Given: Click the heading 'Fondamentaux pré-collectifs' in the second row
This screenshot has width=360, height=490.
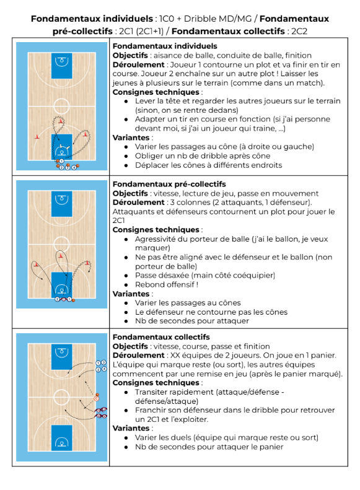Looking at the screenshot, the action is tap(169, 184).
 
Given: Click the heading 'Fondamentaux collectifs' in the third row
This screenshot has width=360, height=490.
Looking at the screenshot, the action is tap(161, 337).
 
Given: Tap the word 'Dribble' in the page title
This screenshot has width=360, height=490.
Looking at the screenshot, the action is tap(200, 19).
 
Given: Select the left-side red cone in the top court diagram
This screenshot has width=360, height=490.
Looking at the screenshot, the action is tap(37, 136).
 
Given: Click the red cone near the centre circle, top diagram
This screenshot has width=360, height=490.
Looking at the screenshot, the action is tap(61, 121).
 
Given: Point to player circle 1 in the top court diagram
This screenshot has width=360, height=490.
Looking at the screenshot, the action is tap(61, 161).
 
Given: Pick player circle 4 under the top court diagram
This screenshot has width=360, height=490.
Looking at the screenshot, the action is tap(74, 167).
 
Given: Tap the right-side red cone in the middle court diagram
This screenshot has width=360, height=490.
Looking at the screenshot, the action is tap(87, 263).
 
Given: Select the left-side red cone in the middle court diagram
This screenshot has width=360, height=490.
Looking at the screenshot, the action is tap(37, 265).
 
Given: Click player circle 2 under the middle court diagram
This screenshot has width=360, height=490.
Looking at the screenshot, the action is tap(57, 299).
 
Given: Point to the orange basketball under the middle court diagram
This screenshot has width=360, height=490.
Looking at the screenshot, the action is tap(73, 300).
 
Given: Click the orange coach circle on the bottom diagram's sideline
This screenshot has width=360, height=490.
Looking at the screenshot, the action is tap(96, 398).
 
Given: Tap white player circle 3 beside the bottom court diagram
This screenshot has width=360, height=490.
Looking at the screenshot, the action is tap(103, 363).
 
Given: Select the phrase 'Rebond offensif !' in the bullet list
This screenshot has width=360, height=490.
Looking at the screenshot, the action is tap(167, 284).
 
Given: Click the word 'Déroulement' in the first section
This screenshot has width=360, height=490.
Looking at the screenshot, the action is tap(138, 64).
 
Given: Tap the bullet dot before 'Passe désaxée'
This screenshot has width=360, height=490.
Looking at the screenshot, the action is tap(126, 276).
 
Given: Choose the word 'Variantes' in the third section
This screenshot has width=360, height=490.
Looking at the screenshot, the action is tap(131, 428).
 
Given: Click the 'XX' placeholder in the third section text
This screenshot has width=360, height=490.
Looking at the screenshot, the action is tap(175, 356).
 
